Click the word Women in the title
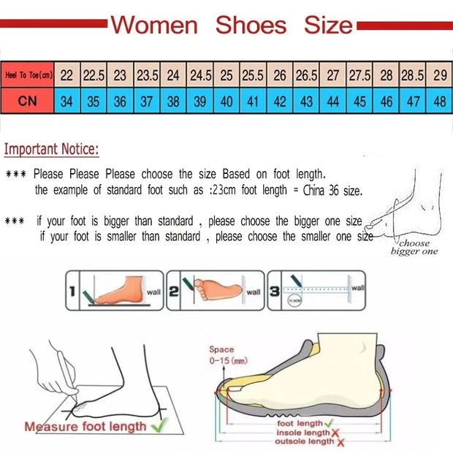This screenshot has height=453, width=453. (x=154, y=26)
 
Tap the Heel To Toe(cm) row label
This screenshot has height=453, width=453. (x=28, y=75)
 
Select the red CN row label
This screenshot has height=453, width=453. (x=28, y=101)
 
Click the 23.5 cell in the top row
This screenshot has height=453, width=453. (x=147, y=75)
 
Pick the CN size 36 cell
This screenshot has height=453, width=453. (x=120, y=102)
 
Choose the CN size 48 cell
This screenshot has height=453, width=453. (x=440, y=102)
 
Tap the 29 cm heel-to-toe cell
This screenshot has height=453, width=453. (x=440, y=75)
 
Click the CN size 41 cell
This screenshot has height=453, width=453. (x=254, y=102)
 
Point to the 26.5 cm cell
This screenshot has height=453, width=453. (x=306, y=75)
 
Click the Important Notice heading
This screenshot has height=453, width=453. (x=51, y=150)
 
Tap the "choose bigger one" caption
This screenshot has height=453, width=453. (x=414, y=247)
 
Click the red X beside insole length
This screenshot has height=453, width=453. (x=335, y=433)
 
